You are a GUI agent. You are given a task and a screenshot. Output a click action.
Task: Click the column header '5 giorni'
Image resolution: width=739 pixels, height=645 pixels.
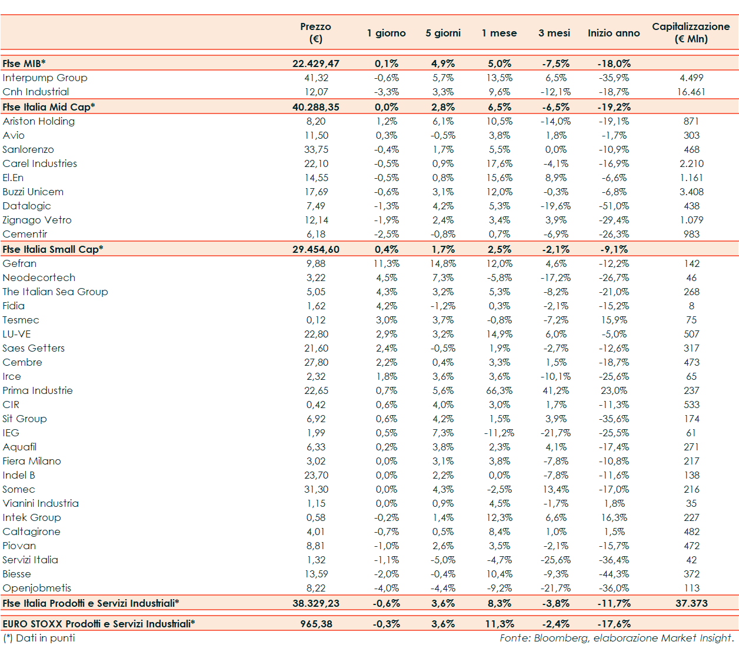coord(443,33)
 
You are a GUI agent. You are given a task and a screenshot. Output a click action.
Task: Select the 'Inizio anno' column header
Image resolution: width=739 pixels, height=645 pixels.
coord(614,33)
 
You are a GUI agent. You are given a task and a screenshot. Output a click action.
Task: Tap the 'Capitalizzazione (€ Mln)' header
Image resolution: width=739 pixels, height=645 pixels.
coord(691,33)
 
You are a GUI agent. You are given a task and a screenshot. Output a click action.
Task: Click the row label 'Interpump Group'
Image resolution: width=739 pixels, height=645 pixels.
coord(45,78)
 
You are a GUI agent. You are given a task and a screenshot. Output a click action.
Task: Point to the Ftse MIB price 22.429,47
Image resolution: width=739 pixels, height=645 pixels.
coord(316,64)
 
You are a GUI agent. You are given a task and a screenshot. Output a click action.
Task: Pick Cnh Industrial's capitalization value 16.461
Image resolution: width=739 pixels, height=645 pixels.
coord(691,92)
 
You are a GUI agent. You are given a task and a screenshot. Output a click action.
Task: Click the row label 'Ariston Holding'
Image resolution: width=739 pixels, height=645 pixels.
coord(39,121)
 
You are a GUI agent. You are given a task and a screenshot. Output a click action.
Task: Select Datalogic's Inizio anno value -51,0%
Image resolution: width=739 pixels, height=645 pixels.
coord(614,206)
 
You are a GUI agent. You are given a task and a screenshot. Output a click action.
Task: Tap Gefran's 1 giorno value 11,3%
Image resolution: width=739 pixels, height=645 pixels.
coord(387,263)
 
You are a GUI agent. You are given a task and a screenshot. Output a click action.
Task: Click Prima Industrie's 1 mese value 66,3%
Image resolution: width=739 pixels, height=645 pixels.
coord(500,390)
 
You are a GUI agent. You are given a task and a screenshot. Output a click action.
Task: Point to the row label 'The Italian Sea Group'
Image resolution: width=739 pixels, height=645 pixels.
coord(55,292)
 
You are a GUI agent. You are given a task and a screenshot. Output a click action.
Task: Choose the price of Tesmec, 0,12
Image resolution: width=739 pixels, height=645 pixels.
coord(316,320)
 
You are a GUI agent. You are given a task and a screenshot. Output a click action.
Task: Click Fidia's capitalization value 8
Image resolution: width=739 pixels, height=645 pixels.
coord(691,306)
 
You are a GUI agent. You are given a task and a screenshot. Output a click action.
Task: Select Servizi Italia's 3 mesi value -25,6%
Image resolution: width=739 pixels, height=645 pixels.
coord(555,560)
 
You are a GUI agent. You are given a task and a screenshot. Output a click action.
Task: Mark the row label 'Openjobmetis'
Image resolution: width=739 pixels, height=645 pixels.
coord(36,588)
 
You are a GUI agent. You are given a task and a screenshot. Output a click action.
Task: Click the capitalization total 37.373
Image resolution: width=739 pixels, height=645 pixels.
coord(691,603)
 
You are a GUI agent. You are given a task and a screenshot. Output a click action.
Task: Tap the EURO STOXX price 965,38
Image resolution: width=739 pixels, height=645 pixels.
coord(316,624)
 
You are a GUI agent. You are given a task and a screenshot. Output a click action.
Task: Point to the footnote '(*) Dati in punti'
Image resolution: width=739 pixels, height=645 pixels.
coord(39,638)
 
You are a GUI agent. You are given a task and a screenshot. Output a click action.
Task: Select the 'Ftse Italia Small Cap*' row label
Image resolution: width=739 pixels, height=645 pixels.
coord(53,249)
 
